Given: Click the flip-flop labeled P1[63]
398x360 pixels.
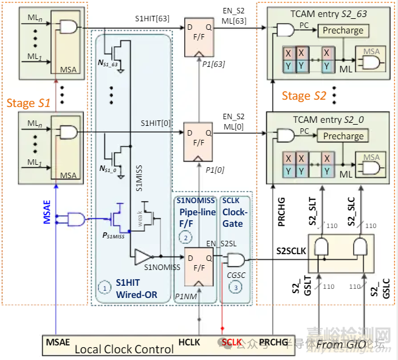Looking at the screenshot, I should [198, 33].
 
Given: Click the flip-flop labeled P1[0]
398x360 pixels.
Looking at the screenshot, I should [198, 137].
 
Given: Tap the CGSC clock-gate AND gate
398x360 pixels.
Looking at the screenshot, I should [233, 261].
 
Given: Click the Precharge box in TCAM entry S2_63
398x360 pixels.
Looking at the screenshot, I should [343, 30].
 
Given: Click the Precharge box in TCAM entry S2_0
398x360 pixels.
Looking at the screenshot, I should [343, 136].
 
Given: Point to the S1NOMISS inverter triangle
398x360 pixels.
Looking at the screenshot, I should [143, 255].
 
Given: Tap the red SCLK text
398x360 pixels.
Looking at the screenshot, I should [230, 343].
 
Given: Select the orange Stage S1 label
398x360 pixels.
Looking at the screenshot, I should [29, 103].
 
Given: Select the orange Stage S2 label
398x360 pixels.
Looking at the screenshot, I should [304, 95].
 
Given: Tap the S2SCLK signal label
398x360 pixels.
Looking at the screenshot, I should [290, 250].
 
